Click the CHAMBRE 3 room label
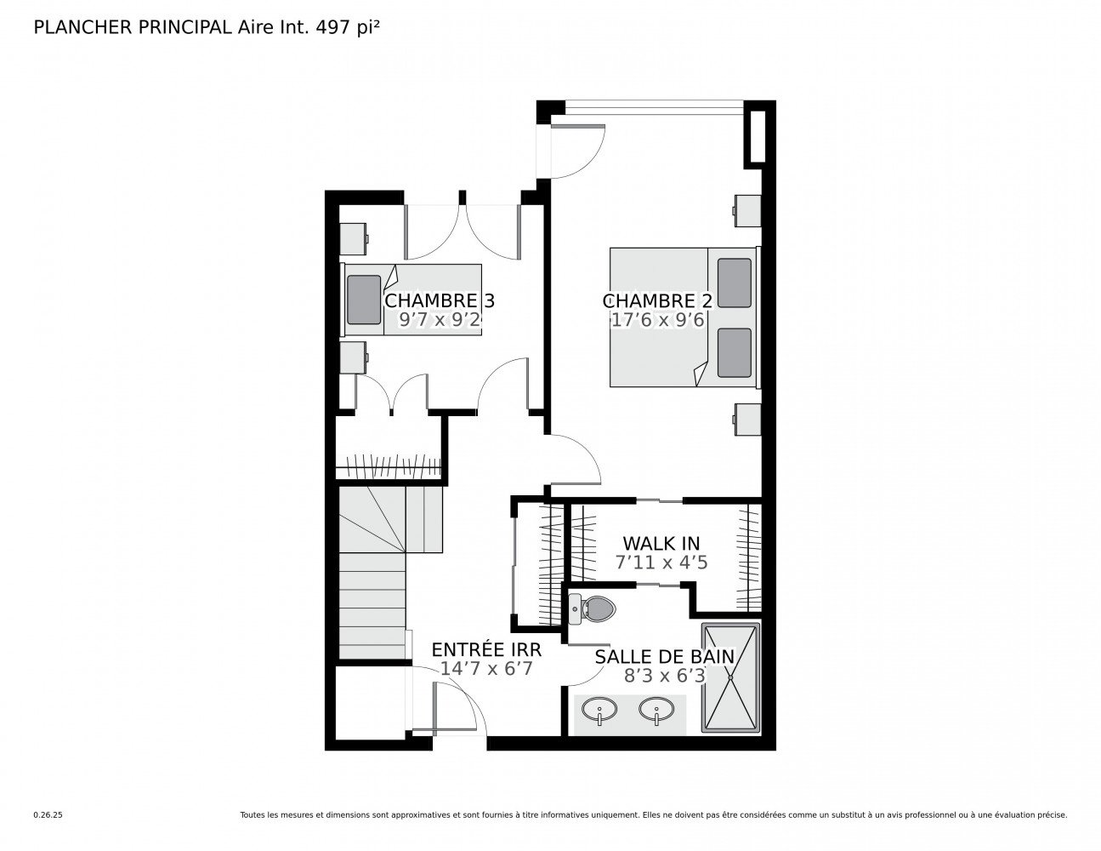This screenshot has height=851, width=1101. (x=439, y=301)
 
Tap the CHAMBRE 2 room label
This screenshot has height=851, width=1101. (x=656, y=301)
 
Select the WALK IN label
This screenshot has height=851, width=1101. (x=661, y=543)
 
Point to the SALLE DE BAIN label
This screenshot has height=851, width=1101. (x=664, y=656)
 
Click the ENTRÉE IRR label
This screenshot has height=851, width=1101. (x=485, y=649)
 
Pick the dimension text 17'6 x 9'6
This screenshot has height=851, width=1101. (x=656, y=320)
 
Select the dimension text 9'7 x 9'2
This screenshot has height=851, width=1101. (x=440, y=320)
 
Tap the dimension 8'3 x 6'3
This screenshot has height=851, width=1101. (x=664, y=676)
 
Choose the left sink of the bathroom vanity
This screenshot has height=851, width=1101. (x=600, y=709)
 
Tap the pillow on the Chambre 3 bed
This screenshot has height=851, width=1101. (x=364, y=300)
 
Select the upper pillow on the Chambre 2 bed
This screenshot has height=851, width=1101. (x=734, y=283)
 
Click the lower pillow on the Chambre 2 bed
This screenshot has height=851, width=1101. (x=734, y=352)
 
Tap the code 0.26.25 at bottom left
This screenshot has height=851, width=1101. (x=48, y=814)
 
